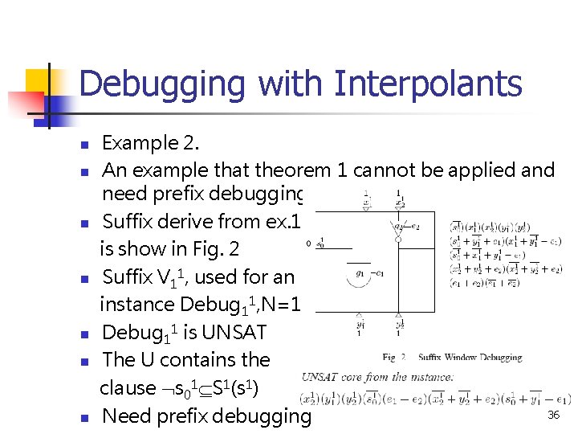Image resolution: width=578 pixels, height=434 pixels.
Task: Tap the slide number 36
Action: click(553, 415)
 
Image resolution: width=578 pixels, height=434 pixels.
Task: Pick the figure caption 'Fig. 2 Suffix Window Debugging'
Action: click(452, 357)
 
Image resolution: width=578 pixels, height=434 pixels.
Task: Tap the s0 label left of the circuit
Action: click(320, 243)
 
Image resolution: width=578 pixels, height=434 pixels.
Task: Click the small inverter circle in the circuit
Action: click(398, 239)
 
